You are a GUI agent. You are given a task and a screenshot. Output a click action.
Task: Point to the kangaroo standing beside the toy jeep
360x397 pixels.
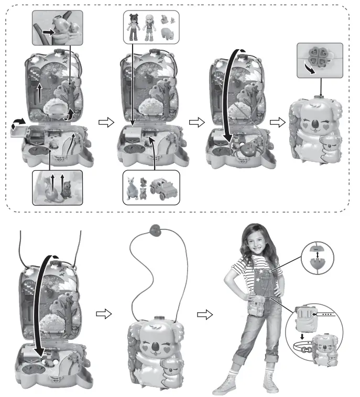pyautogui.click(x=130, y=188)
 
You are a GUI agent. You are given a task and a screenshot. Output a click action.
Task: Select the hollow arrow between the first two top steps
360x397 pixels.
pyautogui.click(x=106, y=122)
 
